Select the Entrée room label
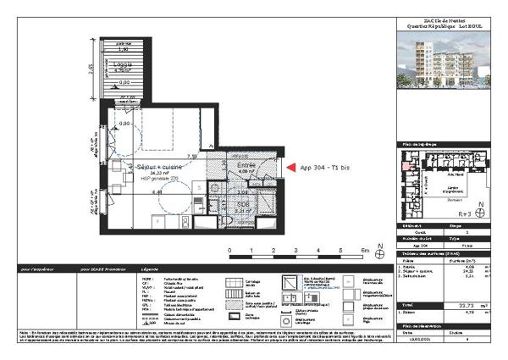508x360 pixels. coord(246,165)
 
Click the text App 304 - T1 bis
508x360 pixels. coord(325,167)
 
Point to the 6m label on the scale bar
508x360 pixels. coord(364,251)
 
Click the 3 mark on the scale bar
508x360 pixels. coord(296,251)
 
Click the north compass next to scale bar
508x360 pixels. coord(379,254)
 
